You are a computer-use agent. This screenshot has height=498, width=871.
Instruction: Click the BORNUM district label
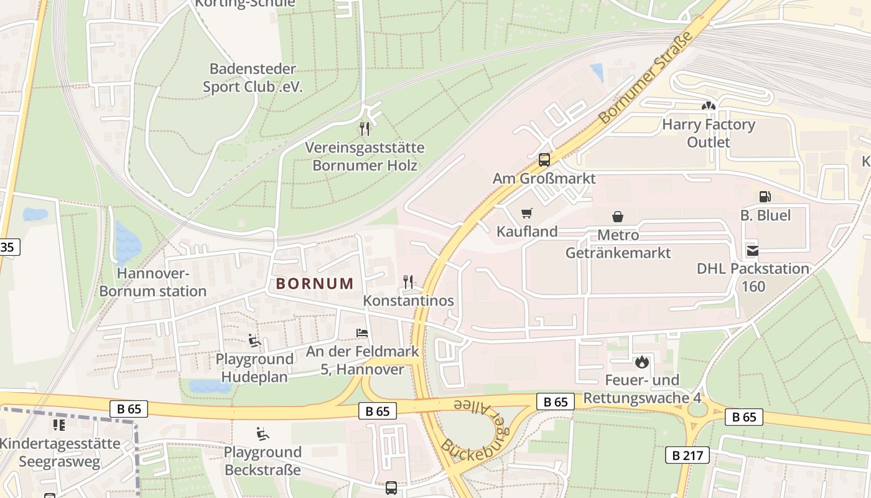click(315, 284)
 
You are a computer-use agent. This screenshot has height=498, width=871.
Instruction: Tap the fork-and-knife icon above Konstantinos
click(408, 282)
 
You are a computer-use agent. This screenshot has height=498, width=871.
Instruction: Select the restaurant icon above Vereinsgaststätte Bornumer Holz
click(365, 129)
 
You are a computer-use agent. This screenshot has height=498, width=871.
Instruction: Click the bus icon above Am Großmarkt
click(544, 160)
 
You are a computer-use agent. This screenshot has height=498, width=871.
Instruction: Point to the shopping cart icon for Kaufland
click(527, 214)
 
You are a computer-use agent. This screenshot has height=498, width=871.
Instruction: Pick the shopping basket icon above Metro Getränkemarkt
click(618, 217)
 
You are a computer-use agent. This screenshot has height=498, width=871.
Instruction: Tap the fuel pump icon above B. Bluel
click(765, 197)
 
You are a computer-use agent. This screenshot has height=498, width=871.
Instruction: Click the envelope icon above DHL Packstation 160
click(753, 250)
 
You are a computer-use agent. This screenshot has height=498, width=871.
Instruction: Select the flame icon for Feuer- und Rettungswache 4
click(641, 361)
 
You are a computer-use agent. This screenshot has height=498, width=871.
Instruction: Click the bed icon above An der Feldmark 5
click(362, 333)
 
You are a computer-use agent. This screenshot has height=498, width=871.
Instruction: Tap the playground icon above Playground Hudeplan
click(254, 341)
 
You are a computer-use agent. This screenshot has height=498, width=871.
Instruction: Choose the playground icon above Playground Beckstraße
click(262, 433)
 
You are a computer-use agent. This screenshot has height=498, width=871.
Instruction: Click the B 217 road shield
click(687, 455)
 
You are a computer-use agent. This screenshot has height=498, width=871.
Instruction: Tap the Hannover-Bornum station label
click(152, 282)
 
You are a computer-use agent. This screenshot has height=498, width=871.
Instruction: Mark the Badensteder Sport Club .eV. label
click(253, 78)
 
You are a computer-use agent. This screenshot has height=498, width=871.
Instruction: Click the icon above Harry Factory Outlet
click(708, 106)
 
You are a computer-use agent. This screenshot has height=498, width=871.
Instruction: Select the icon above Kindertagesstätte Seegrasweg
click(59, 425)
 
